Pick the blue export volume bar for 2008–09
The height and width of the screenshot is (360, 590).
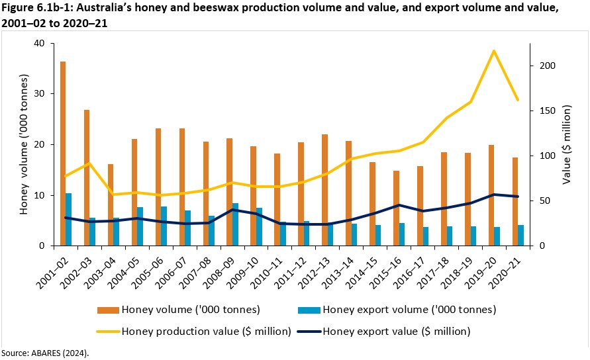tap(235, 224)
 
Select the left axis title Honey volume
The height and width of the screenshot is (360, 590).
tap(25, 144)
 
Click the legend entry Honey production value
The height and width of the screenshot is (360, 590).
tap(206, 331)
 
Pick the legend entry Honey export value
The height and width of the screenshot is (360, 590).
tap(397, 331)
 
